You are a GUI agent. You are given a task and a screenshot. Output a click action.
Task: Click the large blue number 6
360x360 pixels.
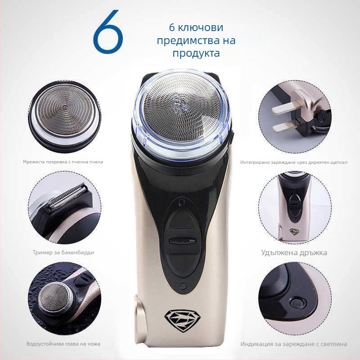pos(108,31)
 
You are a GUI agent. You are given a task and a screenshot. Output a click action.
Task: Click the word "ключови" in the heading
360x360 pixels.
pos(200,27)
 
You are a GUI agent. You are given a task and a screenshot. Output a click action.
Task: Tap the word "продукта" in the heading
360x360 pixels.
pos(196,53)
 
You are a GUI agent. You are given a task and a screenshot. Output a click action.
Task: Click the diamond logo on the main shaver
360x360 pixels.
pos(182,321)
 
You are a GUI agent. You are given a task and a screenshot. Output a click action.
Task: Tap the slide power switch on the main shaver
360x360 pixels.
pos(182,241)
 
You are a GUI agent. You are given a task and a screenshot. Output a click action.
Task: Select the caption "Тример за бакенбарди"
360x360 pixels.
pos(63,252)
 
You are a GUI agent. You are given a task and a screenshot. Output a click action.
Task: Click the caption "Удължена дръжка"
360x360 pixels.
pos(294,252)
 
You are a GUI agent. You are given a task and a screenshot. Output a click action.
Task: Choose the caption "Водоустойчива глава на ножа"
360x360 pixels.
pos(63,344)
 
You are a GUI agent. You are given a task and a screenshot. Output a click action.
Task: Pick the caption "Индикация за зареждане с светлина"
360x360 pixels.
pos(294,344)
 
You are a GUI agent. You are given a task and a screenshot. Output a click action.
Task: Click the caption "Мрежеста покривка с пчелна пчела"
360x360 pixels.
pos(63,162)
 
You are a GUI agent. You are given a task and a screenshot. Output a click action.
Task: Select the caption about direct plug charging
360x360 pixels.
pos(294,162)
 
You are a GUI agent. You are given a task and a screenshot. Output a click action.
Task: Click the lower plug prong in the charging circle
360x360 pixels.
pos(285,126)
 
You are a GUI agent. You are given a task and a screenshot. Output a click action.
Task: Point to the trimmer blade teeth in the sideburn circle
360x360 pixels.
pos(67,197)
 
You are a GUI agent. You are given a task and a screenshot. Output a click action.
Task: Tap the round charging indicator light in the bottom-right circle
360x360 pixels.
pos(297,302)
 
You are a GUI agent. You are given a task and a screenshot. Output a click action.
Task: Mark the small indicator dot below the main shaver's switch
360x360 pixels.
pos(183,286)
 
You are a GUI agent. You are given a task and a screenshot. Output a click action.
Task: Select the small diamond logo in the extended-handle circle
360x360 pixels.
pos(294,231)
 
